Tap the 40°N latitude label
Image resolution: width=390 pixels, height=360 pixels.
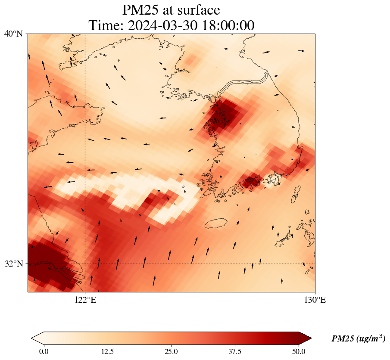tap(13, 34)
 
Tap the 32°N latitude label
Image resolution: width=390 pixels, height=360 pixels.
tap(13, 264)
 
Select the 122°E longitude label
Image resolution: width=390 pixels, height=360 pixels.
tap(85, 300)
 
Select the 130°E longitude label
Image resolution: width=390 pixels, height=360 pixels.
tap(315, 300)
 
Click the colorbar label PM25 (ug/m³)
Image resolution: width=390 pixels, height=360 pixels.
tap(358, 339)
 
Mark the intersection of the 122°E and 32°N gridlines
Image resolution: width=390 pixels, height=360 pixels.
tap(85, 264)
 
